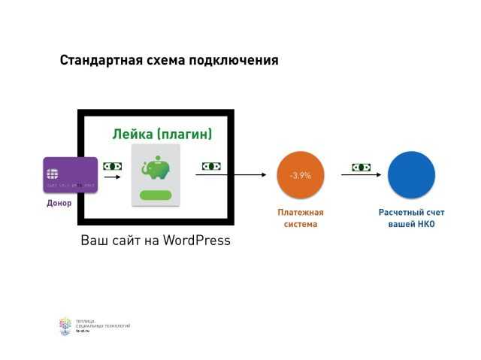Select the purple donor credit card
tap(71, 175)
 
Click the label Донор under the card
tap(59, 203)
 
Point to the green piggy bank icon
tap(156, 170)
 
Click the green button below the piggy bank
tap(156, 195)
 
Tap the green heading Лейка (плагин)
tap(162, 135)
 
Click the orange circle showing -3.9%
tap(300, 175)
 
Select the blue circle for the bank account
tap(411, 175)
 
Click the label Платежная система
tap(300, 218)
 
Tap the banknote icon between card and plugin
tap(112, 166)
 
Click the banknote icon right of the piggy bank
tap(210, 166)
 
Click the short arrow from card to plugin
tap(112, 178)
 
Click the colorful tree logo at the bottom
tap(65, 325)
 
